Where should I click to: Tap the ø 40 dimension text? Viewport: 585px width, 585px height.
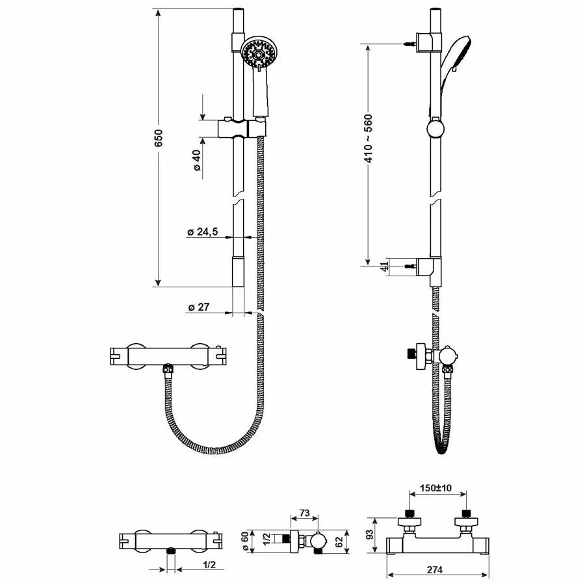[196, 159]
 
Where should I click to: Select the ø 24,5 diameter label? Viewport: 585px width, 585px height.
[203, 232]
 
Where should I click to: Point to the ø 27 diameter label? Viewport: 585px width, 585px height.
[198, 307]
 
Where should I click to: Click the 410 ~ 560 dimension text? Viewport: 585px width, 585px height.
[368, 138]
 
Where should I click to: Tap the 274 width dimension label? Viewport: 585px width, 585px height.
[436, 569]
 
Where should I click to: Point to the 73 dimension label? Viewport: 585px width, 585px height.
[305, 513]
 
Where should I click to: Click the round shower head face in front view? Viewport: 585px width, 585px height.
[256, 53]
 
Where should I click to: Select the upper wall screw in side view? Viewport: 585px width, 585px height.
[409, 44]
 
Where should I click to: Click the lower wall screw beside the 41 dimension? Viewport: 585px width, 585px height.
[410, 266]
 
